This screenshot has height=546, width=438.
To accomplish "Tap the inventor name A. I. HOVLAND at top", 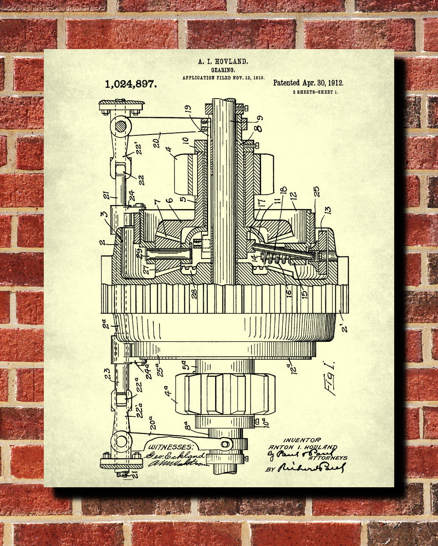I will pyautogui.click(x=223, y=63).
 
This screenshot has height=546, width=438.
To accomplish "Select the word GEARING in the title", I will pyautogui.click(x=223, y=70).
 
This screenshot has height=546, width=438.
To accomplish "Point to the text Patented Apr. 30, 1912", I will pyautogui.click(x=308, y=83).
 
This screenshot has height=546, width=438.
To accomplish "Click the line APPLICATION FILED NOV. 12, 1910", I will pyautogui.click(x=223, y=77).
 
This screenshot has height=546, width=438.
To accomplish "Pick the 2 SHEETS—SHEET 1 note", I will pyautogui.click(x=315, y=92).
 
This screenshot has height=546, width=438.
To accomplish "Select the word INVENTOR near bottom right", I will pyautogui.click(x=301, y=440).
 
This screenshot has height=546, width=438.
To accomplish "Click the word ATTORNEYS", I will pyautogui.click(x=328, y=458).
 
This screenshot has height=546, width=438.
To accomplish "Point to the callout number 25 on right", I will pyautogui.click(x=316, y=191).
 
